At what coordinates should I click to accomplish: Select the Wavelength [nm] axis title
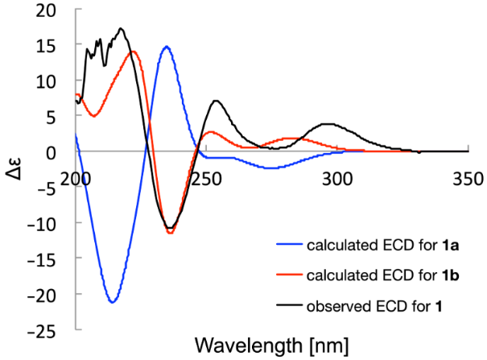coord(274,346)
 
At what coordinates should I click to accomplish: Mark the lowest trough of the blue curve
coord(113,302)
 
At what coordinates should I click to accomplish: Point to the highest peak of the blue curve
coord(166,47)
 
